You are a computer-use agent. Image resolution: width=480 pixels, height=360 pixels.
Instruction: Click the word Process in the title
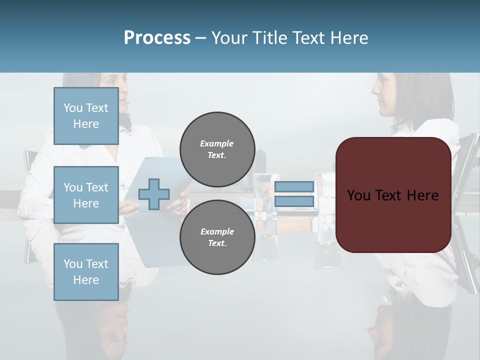point(157,38)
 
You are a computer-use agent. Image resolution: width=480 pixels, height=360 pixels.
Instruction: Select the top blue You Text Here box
point(86,116)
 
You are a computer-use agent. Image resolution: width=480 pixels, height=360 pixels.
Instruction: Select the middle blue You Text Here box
point(86,195)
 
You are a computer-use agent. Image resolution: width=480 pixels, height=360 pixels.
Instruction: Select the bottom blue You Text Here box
point(86,272)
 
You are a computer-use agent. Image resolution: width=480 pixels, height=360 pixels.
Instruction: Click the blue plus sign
point(154,194)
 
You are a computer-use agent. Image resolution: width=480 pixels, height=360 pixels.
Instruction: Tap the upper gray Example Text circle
point(217,149)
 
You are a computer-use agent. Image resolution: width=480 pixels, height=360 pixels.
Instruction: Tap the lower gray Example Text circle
point(217,237)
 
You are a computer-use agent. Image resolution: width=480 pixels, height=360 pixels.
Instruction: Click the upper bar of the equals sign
point(294,187)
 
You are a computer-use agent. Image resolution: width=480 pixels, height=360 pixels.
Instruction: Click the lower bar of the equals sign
point(294,201)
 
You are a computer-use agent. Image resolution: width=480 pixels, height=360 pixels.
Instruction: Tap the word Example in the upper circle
point(217,143)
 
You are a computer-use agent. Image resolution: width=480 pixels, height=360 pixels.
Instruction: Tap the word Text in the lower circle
point(217,243)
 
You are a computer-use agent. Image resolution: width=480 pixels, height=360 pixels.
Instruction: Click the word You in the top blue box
point(73,108)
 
